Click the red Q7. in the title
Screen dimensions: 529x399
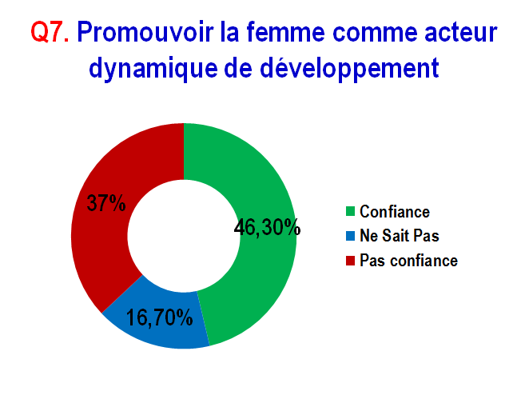50,32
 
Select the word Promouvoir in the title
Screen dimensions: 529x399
145,32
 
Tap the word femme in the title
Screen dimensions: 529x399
285,32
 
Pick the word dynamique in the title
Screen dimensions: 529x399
153,70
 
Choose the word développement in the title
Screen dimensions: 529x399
349,69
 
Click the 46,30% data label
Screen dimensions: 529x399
267,227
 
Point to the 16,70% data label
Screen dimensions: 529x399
160,317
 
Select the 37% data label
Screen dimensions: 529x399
106,203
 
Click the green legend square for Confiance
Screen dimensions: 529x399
351,212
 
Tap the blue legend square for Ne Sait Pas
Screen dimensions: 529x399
351,236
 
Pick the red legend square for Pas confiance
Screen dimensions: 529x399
351,261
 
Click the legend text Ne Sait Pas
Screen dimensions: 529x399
400,236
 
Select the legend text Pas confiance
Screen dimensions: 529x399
409,260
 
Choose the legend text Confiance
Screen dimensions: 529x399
395,211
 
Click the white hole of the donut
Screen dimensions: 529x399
184,236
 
